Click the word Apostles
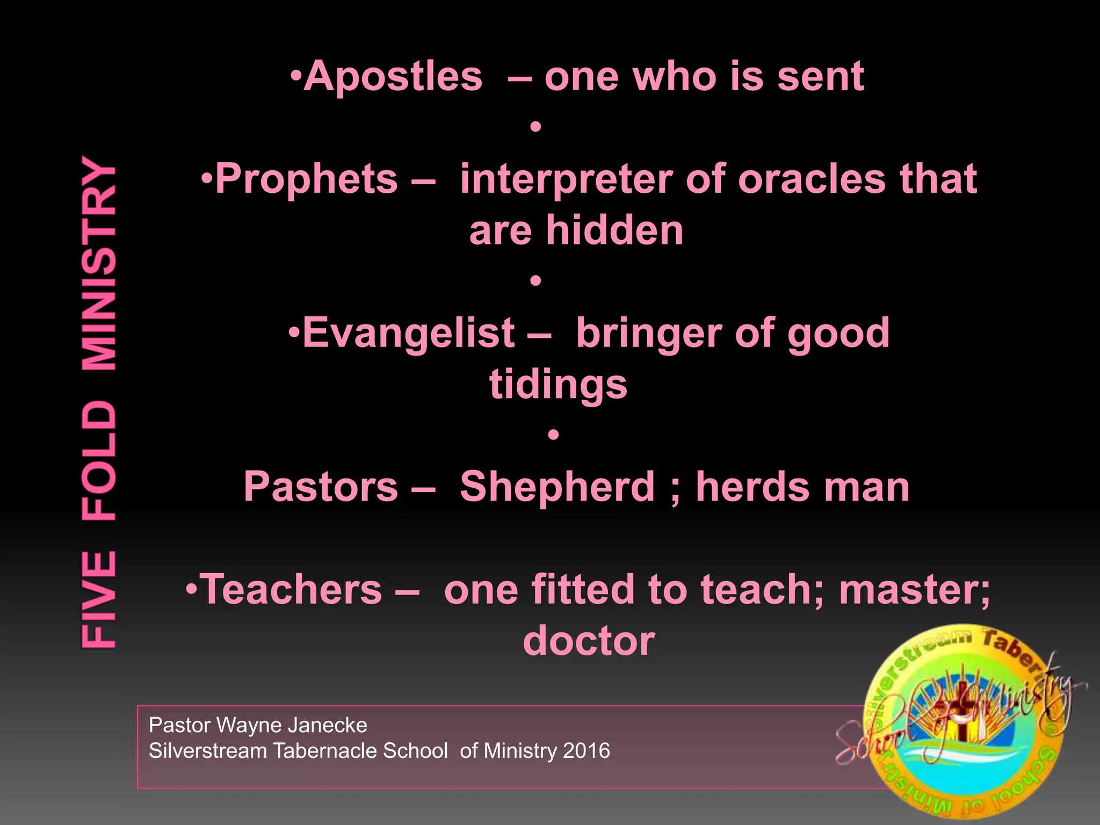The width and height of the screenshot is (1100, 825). click(x=393, y=77)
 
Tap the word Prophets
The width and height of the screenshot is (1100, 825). click(x=307, y=179)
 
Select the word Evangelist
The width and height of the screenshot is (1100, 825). click(x=409, y=333)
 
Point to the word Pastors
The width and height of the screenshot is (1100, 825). click(x=321, y=487)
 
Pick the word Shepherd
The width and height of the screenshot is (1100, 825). click(x=558, y=487)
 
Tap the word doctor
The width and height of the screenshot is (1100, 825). click(x=589, y=641)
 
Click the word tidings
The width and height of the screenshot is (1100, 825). click(x=558, y=386)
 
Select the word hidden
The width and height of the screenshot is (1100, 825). click(x=614, y=231)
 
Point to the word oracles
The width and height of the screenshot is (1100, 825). click(x=812, y=179)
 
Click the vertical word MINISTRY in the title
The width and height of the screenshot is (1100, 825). click(x=99, y=263)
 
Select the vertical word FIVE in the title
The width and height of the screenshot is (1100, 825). click(x=99, y=598)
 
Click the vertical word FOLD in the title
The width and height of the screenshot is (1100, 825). click(x=99, y=461)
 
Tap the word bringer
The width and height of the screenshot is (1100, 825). click(x=648, y=333)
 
